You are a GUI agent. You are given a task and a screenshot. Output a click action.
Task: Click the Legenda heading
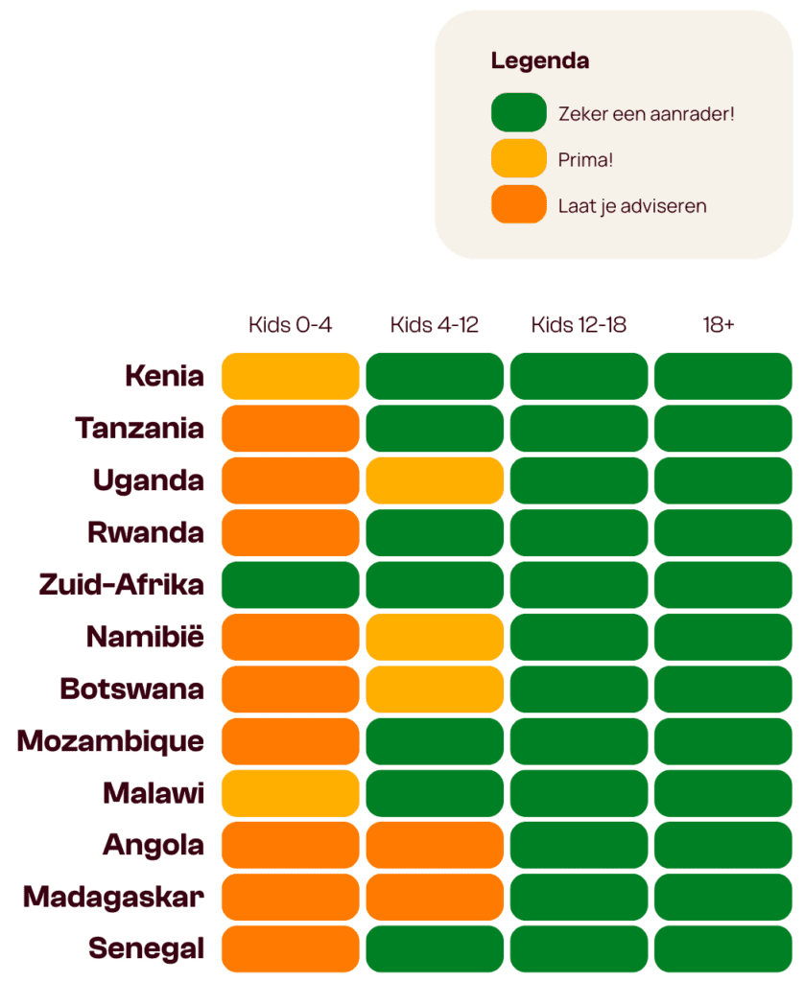coord(539,61)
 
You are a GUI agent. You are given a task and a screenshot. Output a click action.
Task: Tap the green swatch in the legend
coord(518,112)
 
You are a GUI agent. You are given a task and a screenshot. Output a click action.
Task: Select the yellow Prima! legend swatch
coord(518,158)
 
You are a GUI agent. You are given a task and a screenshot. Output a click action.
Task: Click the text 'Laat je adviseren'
coord(631,205)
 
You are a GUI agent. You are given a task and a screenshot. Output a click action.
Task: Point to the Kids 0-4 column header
coord(290,325)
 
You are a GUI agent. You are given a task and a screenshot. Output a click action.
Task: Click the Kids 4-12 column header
coord(434,325)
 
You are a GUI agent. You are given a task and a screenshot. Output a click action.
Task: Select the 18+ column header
coord(719,325)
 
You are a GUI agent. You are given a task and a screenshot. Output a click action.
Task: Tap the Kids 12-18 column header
coord(579,325)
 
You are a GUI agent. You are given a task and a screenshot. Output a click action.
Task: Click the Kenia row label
coord(164,376)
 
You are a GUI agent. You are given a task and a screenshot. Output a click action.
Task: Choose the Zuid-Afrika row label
coord(121,584)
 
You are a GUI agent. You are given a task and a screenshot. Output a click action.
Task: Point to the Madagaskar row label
coord(113,897)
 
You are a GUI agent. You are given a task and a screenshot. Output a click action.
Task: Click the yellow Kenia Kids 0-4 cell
coord(290,376)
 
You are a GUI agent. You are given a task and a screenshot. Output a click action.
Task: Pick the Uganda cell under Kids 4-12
coord(434,480)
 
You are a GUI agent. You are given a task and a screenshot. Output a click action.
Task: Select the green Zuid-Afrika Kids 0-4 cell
coord(290,584)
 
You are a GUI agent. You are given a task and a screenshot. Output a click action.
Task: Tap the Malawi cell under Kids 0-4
coord(290,793)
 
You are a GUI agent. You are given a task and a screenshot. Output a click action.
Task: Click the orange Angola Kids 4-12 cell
coord(434,845)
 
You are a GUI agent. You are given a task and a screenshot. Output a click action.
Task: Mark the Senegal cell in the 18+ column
coord(722,948)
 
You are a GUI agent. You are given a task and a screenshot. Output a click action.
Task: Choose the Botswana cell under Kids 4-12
coord(434,689)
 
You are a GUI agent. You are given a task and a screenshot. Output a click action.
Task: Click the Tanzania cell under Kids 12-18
coord(579,428)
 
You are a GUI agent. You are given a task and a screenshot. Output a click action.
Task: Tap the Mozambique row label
coord(110,741)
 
